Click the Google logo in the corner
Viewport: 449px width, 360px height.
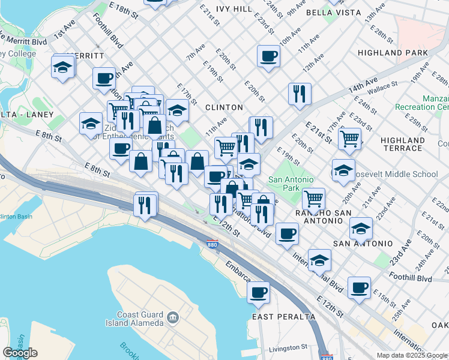coord(20,353)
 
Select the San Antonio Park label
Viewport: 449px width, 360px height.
coord(291,184)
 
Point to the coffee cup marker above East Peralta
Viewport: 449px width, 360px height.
coord(259,293)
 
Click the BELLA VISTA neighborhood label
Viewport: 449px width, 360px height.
coord(333,12)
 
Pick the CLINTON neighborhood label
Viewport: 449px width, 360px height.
coord(224,107)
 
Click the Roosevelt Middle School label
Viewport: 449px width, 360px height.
coord(396,175)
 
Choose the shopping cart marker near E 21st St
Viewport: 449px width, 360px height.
coord(349,139)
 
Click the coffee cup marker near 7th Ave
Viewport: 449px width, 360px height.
coord(268,57)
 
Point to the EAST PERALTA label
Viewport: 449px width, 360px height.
coord(284,317)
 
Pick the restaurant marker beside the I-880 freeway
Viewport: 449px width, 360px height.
coord(146,205)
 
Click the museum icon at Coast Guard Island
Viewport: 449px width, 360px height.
coord(173,317)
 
